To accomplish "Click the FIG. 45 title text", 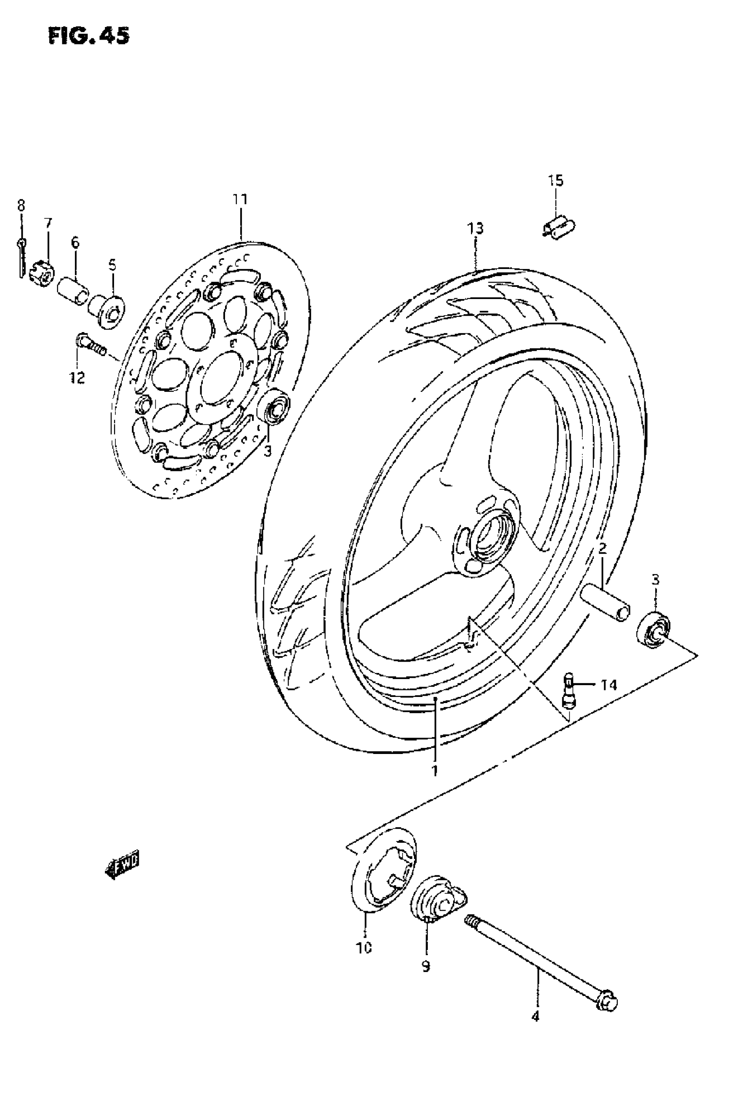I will pos(88,35).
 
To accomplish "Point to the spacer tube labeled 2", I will pos(606,601).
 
